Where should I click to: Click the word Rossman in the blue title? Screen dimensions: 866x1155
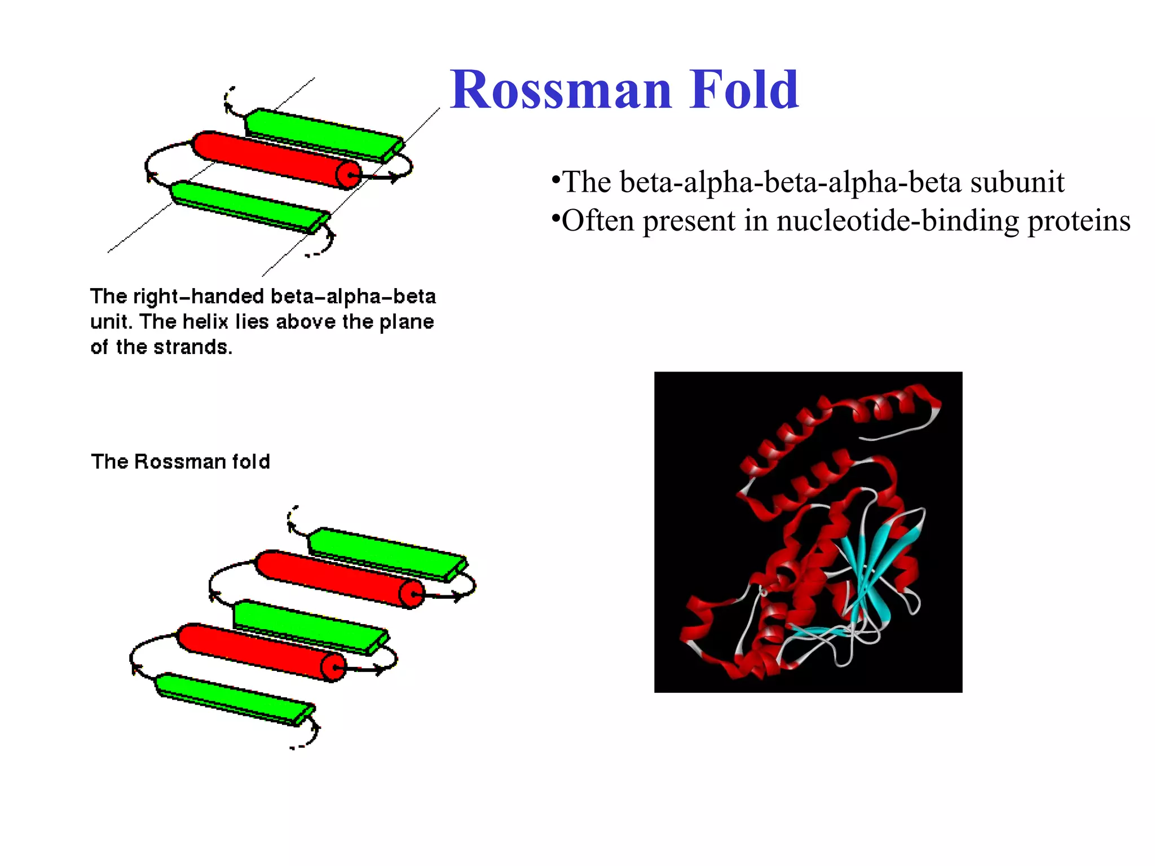561,90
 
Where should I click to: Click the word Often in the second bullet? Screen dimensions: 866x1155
597,221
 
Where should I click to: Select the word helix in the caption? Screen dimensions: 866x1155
205,322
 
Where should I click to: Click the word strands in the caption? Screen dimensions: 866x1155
192,347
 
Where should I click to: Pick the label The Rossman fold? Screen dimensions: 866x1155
180,462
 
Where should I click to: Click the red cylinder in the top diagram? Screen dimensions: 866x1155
271,157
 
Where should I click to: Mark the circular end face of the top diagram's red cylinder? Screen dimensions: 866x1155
349,175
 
